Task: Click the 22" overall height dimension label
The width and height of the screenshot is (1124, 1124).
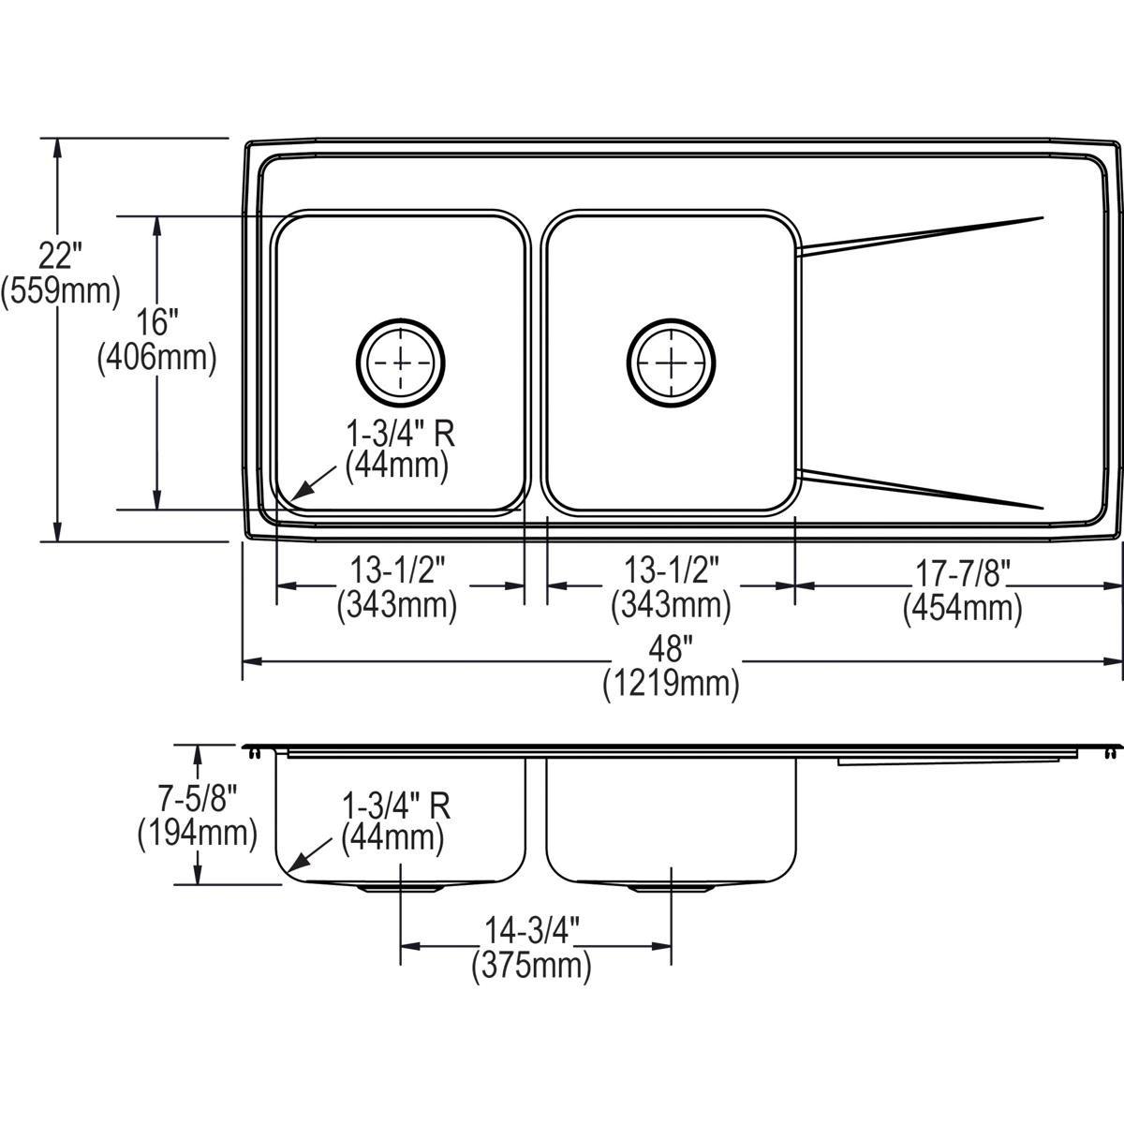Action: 62,254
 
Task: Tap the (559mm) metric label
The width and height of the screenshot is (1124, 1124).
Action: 62,291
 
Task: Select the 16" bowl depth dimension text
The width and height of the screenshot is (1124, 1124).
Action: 156,323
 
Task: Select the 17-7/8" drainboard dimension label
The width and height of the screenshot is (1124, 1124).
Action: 962,571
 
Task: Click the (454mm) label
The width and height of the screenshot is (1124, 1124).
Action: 962,609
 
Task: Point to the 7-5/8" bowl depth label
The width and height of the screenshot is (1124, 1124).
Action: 197,798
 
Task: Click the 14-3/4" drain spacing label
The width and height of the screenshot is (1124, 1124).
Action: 532,930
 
